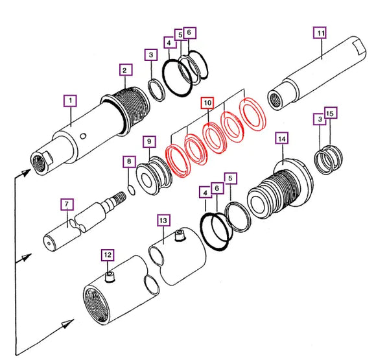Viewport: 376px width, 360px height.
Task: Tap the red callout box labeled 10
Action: pyautogui.click(x=207, y=103)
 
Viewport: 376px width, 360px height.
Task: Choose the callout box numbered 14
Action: pyautogui.click(x=281, y=138)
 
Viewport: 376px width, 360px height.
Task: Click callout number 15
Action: pyautogui.click(x=329, y=114)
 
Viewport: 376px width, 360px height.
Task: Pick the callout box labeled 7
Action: pyautogui.click(x=67, y=204)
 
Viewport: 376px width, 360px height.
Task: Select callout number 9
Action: pyautogui.click(x=148, y=141)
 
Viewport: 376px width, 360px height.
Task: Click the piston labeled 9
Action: pyautogui.click(x=154, y=174)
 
